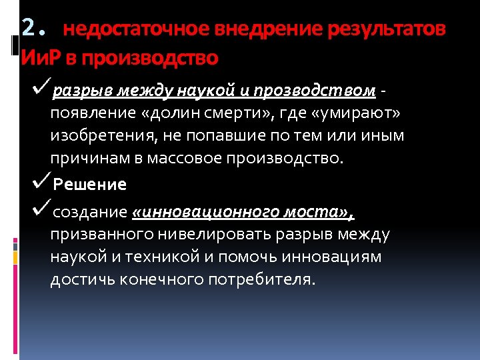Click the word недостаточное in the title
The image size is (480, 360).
137,29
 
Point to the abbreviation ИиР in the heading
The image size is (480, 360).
41,58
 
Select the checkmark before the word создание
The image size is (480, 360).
41,210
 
